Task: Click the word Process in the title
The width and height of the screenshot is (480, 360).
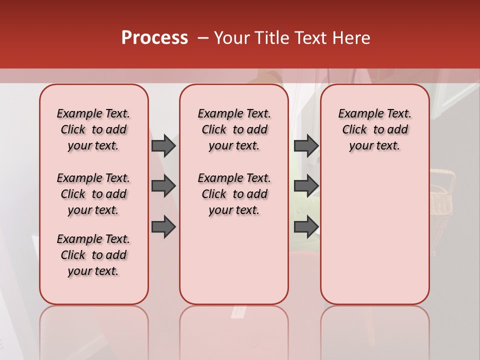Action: [154, 38]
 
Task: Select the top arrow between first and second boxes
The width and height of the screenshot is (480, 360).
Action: [163, 145]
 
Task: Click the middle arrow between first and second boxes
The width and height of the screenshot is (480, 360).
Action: [163, 186]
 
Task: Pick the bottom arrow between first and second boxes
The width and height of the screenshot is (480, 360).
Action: [163, 227]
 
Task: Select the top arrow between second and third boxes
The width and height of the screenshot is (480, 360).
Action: [306, 145]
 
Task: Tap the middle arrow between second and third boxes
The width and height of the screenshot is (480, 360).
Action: [306, 186]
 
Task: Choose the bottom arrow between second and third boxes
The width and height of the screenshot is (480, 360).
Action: [306, 227]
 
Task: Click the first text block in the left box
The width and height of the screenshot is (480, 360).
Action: [93, 129]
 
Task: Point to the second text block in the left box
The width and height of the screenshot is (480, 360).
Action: [93, 194]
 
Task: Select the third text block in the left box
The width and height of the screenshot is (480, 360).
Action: [93, 255]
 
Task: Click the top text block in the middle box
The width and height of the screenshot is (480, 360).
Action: [234, 129]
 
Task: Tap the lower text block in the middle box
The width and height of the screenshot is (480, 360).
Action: [234, 194]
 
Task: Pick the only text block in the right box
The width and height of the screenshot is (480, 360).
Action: [374, 129]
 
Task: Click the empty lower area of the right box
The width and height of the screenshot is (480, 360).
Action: [374, 240]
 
